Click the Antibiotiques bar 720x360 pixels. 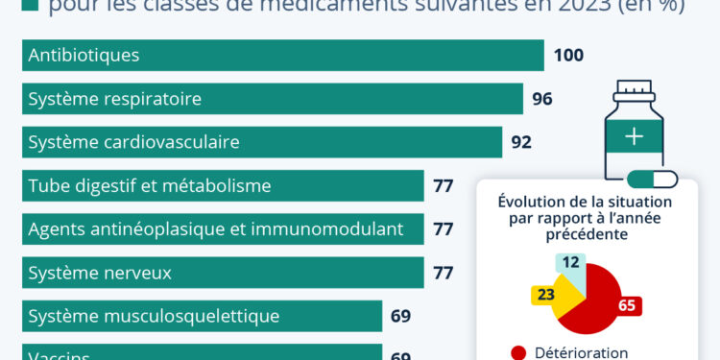282,55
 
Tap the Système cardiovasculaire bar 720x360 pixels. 261,142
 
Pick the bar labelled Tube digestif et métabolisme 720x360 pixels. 223,185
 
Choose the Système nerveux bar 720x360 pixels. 223,273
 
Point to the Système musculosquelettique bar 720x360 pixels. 202,316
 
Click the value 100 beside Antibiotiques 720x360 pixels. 568,56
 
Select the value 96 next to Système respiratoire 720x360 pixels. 542,99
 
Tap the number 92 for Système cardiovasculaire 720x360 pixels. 521,143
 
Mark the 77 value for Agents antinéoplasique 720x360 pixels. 443,229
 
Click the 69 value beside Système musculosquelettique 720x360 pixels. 401,316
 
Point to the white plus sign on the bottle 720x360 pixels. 634,136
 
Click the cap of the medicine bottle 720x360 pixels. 634,92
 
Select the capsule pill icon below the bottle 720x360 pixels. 652,180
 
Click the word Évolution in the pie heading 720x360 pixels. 533,202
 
